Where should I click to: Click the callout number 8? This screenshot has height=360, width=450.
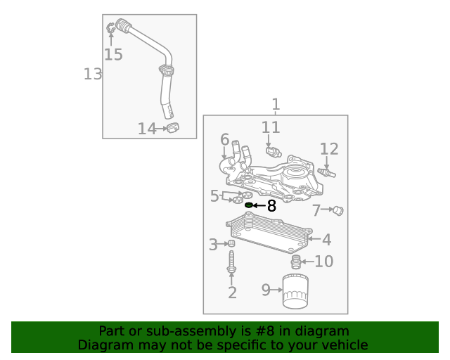tap(271, 206)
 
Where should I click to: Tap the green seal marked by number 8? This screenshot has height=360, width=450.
tap(248, 205)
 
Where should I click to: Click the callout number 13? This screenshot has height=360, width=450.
tap(93, 74)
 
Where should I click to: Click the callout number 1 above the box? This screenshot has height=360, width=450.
tap(276, 105)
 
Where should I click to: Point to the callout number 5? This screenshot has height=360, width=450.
tap(214, 196)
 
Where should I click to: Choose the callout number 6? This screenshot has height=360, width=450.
tap(224, 139)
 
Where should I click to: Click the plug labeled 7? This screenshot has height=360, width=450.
tap(337, 211)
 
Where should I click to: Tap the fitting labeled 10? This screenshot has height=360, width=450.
tap(297, 263)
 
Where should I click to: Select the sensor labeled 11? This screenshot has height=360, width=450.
tap(272, 150)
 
